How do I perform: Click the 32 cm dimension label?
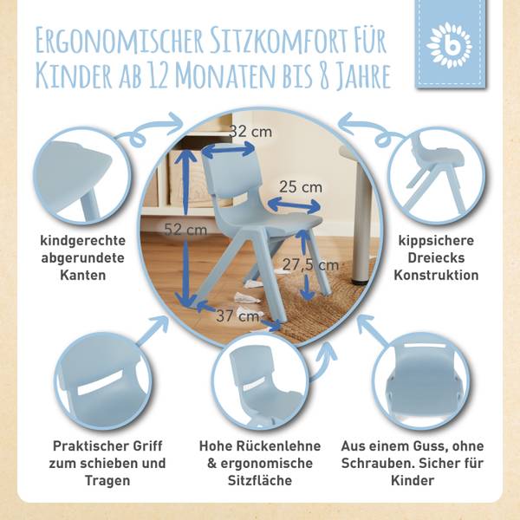click(250, 132)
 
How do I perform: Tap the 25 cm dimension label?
click(301, 187)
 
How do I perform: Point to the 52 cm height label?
click(185, 229)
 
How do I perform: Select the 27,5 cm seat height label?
click(310, 265)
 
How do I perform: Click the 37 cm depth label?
click(237, 315)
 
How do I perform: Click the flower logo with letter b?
click(451, 45)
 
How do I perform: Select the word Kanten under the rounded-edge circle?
click(83, 276)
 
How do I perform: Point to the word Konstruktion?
click(436, 276)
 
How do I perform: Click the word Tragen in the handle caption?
click(107, 480)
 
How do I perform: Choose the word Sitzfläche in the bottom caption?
click(260, 480)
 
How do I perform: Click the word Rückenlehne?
click(278, 446)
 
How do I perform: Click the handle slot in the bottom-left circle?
click(101, 383)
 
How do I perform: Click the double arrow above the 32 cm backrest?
click(229, 150)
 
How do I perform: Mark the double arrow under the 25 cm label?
click(294, 205)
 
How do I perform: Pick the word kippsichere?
click(436, 240)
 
